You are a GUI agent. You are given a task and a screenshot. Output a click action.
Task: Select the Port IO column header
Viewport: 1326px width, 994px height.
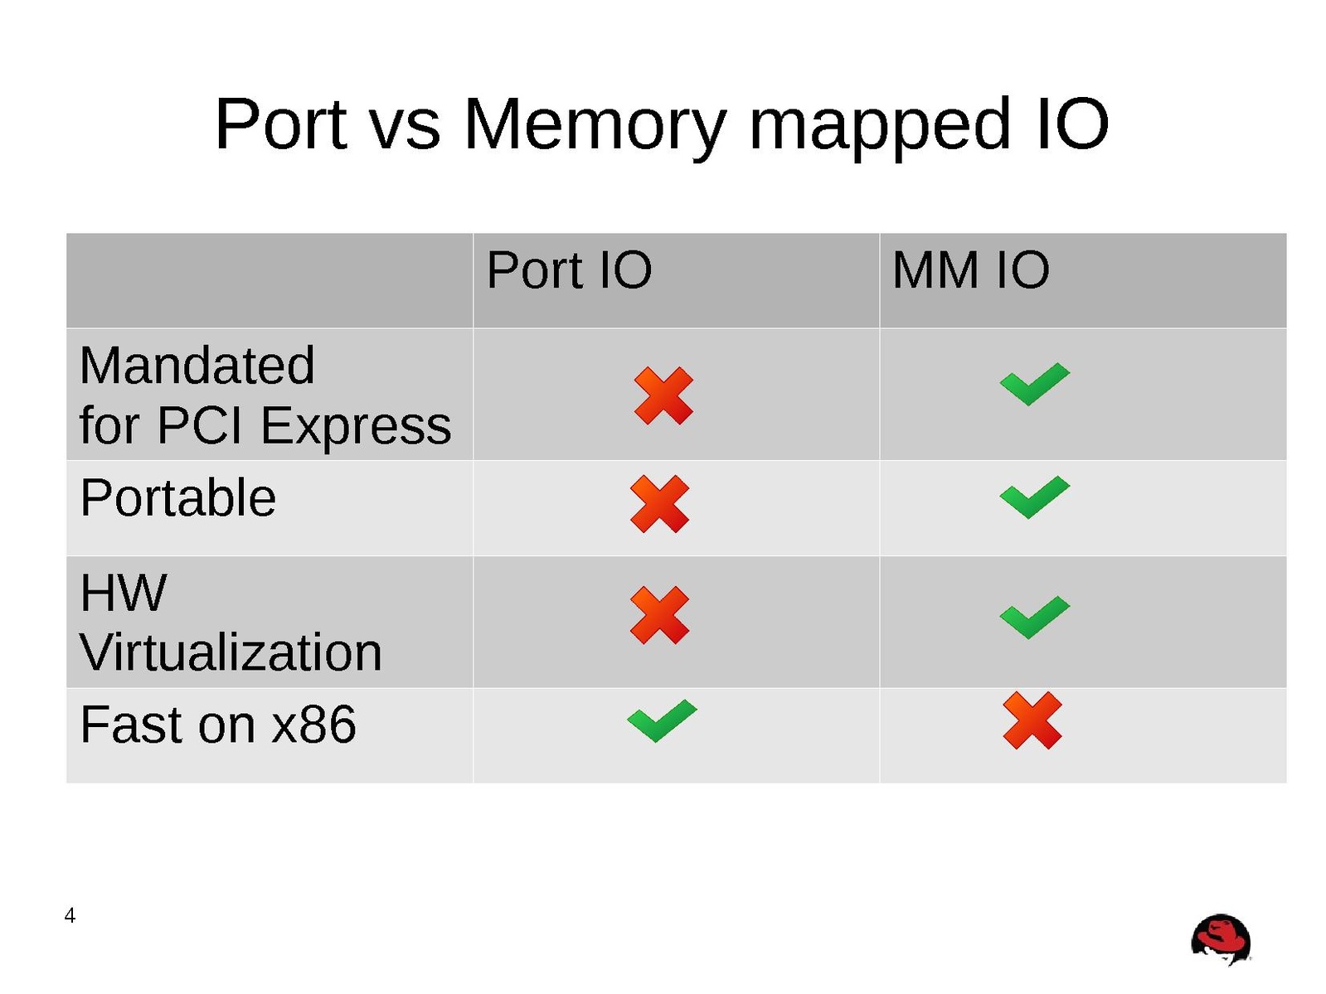point(569,270)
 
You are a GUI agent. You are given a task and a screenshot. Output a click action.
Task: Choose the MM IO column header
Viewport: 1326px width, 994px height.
point(970,270)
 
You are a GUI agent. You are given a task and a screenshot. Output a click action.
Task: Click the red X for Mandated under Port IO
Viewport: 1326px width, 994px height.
point(663,395)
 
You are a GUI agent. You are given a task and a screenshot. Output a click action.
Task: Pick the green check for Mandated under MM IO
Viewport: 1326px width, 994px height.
point(1034,384)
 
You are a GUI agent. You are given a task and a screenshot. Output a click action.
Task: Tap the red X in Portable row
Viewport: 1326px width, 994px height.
point(659,503)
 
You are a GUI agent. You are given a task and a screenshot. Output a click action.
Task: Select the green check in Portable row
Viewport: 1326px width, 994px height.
point(1034,497)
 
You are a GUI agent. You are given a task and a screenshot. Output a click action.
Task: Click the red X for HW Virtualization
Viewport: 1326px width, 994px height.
point(659,614)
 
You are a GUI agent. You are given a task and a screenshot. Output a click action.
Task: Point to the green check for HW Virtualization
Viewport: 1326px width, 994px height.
point(1034,616)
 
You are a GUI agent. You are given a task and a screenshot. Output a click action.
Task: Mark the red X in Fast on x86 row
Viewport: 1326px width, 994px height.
point(1032,720)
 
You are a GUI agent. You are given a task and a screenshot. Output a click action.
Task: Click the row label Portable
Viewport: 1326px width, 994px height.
point(177,498)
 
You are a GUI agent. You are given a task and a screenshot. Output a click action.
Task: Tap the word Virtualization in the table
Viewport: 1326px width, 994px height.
point(231,652)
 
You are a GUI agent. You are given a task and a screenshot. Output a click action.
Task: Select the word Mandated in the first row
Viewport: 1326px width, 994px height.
point(197,366)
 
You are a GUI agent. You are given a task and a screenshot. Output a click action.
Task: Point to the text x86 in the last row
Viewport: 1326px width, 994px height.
point(314,725)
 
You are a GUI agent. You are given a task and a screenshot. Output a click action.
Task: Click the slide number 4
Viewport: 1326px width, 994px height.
point(70,915)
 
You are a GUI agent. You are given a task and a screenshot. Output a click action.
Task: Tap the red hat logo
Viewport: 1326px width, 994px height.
point(1221,940)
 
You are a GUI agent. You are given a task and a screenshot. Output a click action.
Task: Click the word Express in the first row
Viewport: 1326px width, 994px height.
point(356,426)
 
